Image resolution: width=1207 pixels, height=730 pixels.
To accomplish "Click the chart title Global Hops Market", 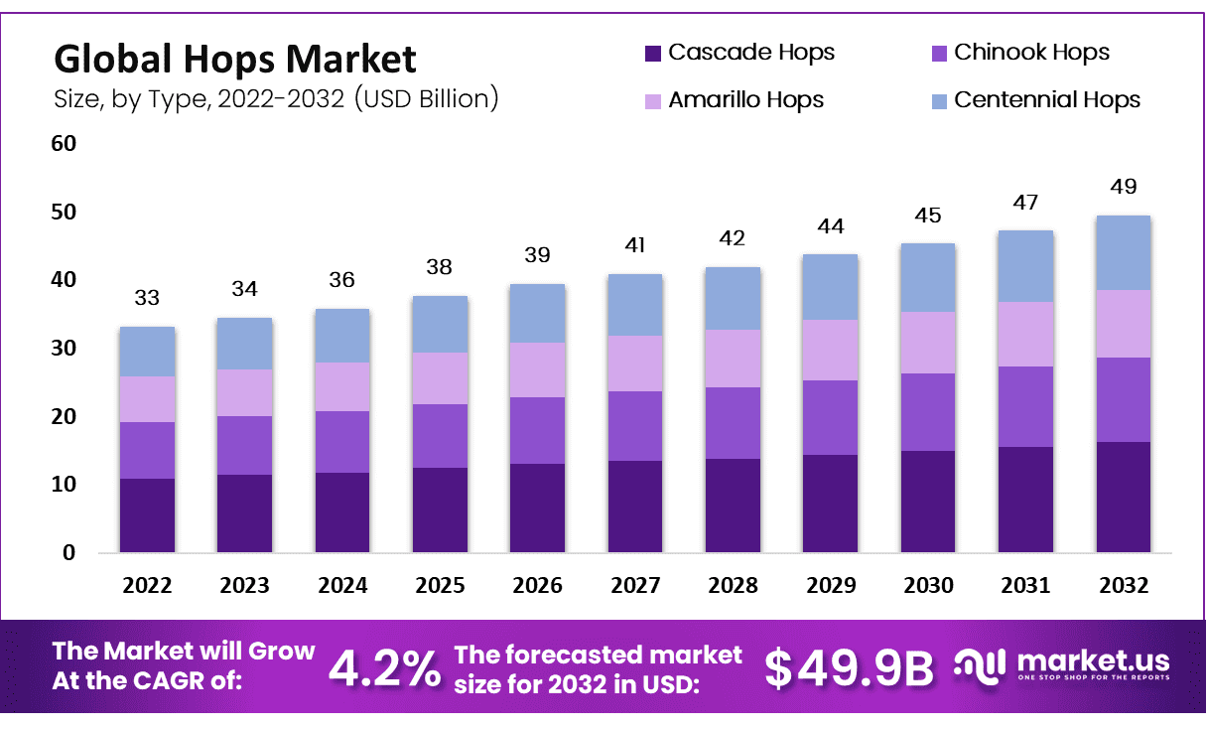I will [234, 60].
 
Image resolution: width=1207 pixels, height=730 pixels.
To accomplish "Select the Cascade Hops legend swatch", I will [652, 53].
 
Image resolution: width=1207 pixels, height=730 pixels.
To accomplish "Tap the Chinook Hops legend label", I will [1031, 53].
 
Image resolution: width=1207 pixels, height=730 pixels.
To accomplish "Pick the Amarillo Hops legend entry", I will [745, 100].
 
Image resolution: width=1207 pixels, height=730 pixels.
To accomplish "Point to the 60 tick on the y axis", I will [64, 144].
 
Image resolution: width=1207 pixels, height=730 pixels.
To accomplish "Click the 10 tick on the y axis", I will [64, 485].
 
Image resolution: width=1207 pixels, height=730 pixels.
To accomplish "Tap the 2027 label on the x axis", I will [635, 586].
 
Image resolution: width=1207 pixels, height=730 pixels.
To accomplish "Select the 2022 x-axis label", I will [147, 586].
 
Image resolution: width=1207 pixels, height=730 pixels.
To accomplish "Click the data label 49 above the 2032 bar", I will [1124, 187].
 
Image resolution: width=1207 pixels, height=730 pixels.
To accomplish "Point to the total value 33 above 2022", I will [147, 298].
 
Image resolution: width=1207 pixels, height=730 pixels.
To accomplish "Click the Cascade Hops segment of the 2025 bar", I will [440, 510].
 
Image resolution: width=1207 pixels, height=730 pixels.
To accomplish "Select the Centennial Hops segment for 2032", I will [1124, 252].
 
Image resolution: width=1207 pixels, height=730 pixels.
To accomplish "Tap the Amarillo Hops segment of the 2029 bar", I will [831, 350].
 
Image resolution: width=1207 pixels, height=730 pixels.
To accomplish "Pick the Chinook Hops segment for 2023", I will [244, 445].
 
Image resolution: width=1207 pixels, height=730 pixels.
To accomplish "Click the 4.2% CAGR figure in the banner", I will [384, 668].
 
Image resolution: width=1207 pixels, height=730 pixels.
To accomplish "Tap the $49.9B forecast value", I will [850, 668].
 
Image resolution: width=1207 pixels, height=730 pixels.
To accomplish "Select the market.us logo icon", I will [979, 664].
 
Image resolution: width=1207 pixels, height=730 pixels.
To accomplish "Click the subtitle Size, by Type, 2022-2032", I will [275, 99].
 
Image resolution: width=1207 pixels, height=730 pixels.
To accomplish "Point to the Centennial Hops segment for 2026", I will [537, 313].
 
